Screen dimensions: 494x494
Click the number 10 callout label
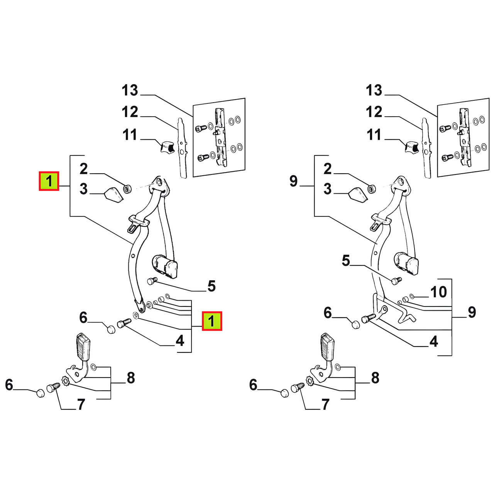coord(439,292)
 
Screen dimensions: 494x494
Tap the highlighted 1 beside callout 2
coord(49,181)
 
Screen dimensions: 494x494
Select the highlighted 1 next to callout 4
coord(212,321)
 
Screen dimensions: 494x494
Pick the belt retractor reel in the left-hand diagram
coord(164,267)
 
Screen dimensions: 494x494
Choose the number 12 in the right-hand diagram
coord(374,112)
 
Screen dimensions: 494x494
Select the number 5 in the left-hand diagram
coord(211,286)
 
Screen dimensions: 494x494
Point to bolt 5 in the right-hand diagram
coord(396,281)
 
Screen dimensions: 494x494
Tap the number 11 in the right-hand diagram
coord(374,134)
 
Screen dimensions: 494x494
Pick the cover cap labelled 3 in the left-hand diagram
coord(114,194)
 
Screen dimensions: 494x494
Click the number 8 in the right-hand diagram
coord(375,378)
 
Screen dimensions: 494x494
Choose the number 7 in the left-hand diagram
coord(81,405)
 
